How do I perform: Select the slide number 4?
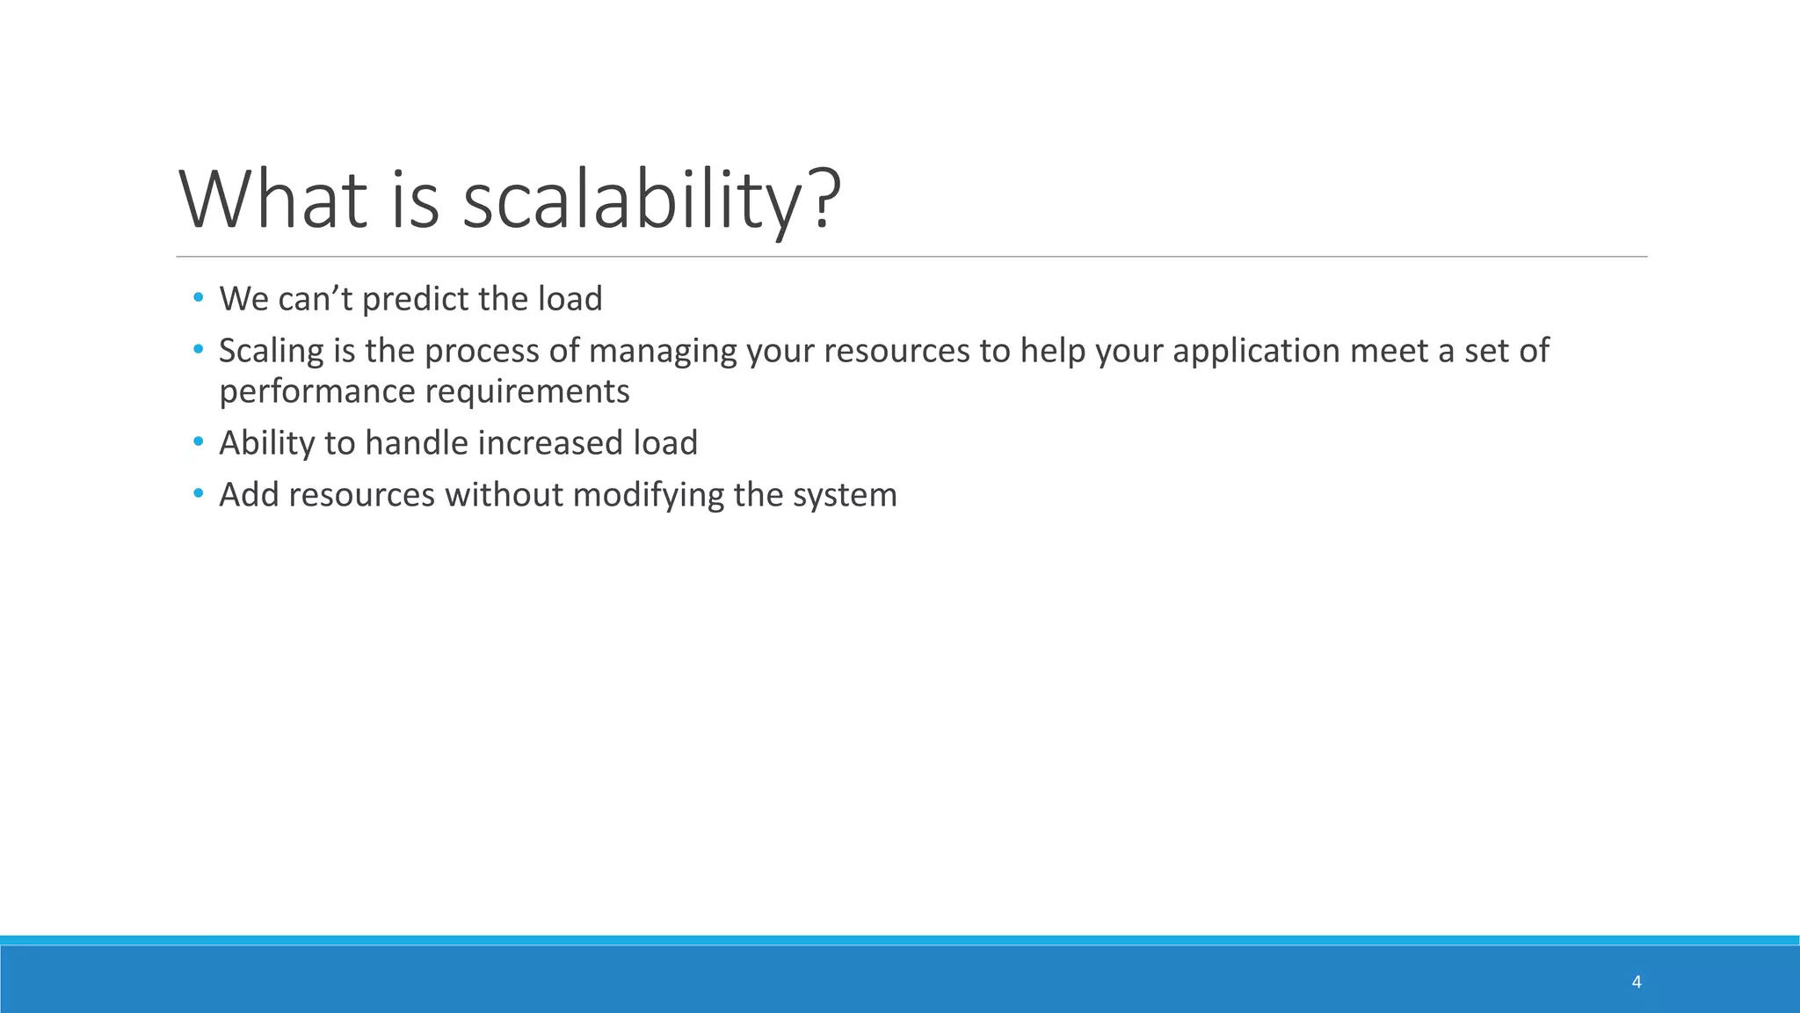pyautogui.click(x=1636, y=982)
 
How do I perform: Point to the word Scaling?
pyautogui.click(x=272, y=351)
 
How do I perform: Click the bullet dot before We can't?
pyautogui.click(x=198, y=298)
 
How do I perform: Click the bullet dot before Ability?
pyautogui.click(x=198, y=441)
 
